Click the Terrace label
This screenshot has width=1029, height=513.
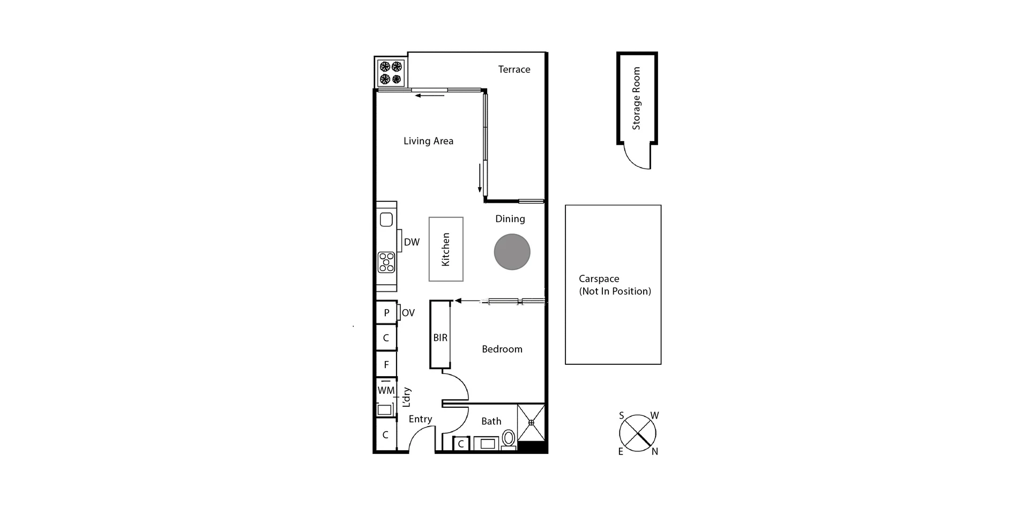pos(514,69)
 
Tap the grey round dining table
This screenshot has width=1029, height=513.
pos(512,252)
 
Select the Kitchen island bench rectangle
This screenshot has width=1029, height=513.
pos(446,249)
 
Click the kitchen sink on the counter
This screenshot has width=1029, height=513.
pos(386,219)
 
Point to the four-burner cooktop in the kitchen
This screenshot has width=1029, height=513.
pos(386,262)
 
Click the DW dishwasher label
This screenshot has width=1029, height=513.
pos(412,242)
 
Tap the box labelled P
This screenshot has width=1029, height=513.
pos(386,312)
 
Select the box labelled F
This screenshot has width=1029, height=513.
pos(386,365)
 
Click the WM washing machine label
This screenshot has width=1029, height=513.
pos(386,391)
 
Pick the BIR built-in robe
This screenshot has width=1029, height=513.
pos(440,335)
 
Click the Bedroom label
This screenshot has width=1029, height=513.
pos(502,349)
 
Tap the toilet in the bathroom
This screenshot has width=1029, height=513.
pos(508,438)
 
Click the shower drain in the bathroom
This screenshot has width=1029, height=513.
pos(531,423)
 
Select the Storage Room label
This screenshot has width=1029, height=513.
pos(636,98)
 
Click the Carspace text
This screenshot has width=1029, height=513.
pos(599,279)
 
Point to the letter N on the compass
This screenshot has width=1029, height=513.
pos(654,452)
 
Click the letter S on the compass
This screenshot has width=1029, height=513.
pos(621,415)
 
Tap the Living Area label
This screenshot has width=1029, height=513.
pos(428,141)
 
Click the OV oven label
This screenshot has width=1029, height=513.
pos(408,313)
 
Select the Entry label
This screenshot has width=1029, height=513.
pos(420,419)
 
